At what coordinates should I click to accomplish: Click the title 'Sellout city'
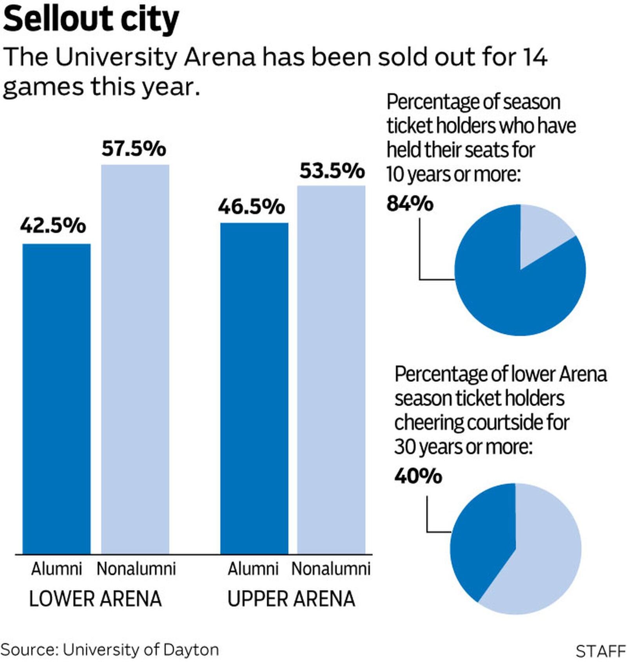pyautogui.click(x=91, y=20)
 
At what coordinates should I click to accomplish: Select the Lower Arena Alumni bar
pyautogui.click(x=56, y=398)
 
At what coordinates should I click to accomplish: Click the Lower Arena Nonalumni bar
pyautogui.click(x=135, y=359)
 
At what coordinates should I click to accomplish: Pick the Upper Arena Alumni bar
pyautogui.click(x=254, y=388)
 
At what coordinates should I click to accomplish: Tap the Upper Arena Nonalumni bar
pyautogui.click(x=331, y=369)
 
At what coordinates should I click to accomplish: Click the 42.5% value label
pyautogui.click(x=53, y=226)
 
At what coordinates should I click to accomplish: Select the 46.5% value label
pyautogui.click(x=251, y=207)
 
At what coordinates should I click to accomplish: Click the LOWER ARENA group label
pyautogui.click(x=96, y=599)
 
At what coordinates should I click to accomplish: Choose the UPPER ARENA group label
pyautogui.click(x=291, y=599)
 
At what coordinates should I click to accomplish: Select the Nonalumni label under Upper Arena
pyautogui.click(x=331, y=569)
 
